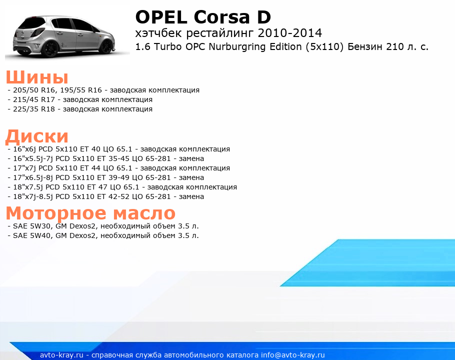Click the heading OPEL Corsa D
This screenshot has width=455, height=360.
[x=203, y=17]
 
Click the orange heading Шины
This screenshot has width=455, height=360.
[x=37, y=77]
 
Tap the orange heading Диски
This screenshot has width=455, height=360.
[x=37, y=137]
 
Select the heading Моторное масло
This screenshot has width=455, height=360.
[x=90, y=213]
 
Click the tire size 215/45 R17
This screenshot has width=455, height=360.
[x=34, y=99]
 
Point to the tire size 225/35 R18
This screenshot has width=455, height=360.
[x=34, y=109]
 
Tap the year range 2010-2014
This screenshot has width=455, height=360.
[x=290, y=33]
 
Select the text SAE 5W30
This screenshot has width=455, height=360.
[x=31, y=226]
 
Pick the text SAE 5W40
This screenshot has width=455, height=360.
[x=31, y=235]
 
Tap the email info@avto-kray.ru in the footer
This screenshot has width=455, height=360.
[x=293, y=355]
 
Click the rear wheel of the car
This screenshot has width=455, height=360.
[x=50, y=49]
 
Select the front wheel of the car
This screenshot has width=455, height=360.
[x=107, y=46]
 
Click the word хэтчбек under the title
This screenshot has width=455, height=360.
[x=158, y=33]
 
